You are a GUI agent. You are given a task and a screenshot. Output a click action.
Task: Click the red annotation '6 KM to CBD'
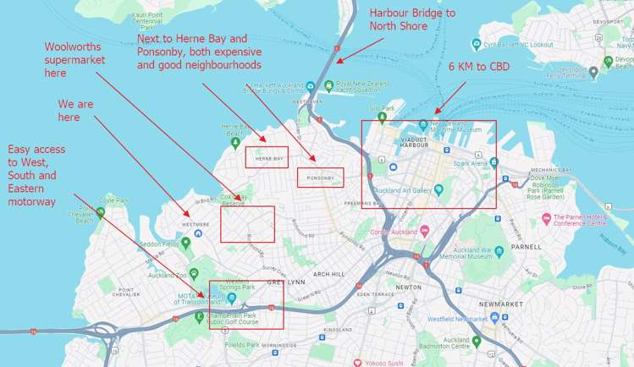(x=479, y=65)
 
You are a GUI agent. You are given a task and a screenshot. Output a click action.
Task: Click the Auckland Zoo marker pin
(x=194, y=273)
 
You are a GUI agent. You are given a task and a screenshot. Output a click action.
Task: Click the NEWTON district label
(x=409, y=288)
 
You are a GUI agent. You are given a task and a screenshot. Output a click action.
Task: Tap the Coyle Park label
(x=113, y=200)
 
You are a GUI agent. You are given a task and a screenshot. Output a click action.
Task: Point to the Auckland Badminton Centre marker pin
(x=477, y=341)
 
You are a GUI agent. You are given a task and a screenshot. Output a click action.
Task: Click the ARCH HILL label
(x=328, y=274)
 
